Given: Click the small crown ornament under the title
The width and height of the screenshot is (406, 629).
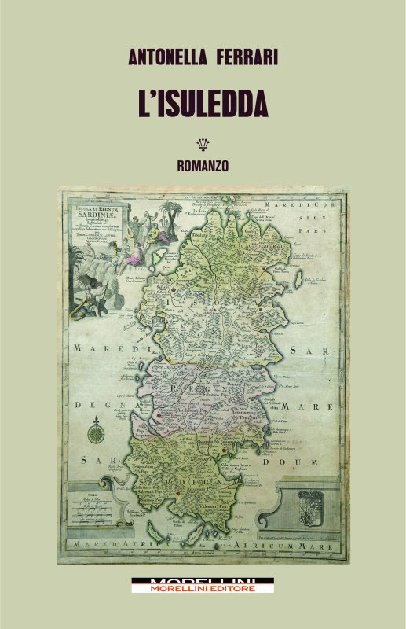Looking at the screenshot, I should click(203, 144).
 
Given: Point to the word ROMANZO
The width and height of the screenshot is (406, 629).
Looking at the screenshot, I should click(203, 166).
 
